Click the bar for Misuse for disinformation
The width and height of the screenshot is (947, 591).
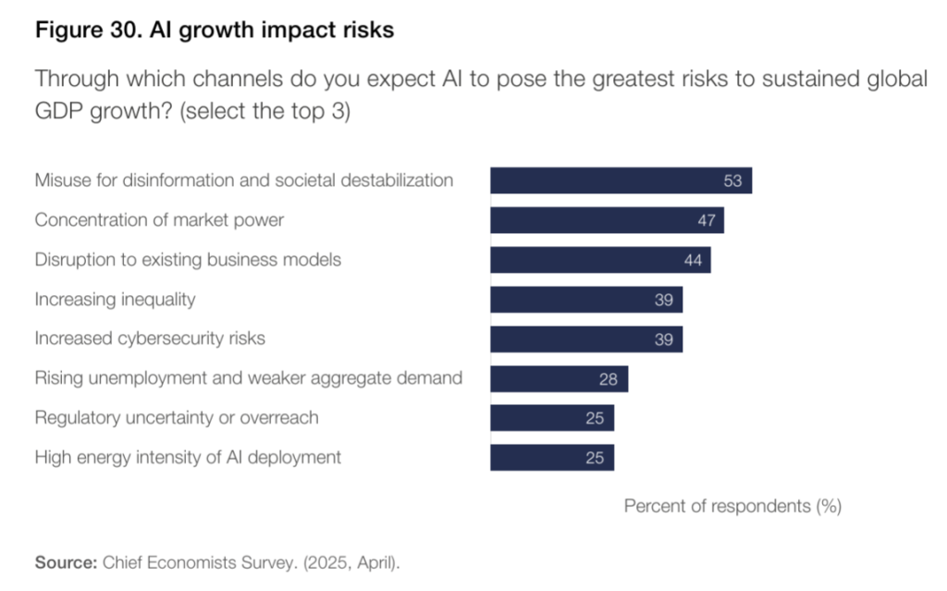click(620, 180)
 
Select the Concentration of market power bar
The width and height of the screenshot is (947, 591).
click(606, 220)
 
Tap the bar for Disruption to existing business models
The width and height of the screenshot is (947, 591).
click(599, 260)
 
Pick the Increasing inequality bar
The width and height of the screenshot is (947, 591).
click(585, 300)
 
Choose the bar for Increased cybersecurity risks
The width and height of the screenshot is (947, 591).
click(585, 339)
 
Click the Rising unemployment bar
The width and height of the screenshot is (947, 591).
click(559, 378)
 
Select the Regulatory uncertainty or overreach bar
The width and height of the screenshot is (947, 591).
click(551, 418)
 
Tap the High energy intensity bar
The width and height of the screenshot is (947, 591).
click(551, 458)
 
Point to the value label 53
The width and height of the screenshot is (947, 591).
click(732, 181)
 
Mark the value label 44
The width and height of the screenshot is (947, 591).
click(693, 261)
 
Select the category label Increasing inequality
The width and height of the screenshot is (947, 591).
click(115, 300)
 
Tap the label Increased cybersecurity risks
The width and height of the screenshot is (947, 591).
click(150, 339)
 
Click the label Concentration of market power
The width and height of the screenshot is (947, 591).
click(159, 220)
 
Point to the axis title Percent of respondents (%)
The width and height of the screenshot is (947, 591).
click(732, 507)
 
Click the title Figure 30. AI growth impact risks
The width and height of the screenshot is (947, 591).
click(215, 31)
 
